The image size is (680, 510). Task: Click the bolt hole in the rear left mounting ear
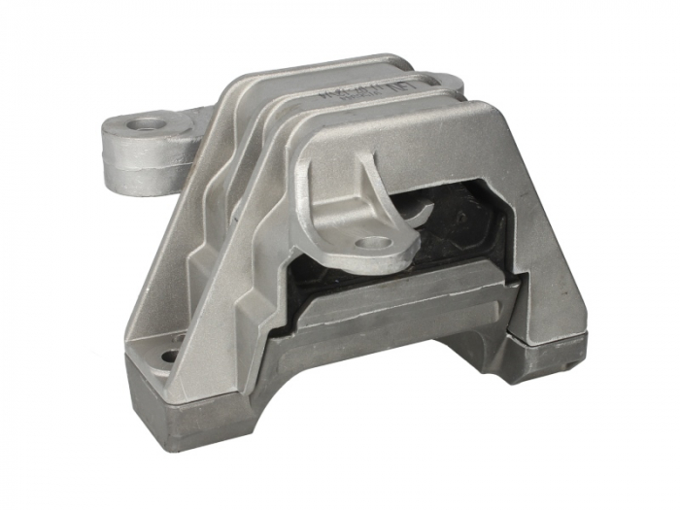tap(149, 124)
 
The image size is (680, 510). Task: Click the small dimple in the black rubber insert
tap(460, 217)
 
